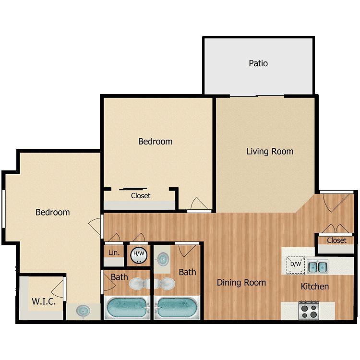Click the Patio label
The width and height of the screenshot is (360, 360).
pyautogui.click(x=258, y=63)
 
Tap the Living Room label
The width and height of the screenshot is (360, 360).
pyautogui.click(x=270, y=152)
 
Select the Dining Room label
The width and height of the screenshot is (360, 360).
pyautogui.click(x=241, y=283)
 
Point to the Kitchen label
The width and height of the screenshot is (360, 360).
pyautogui.click(x=315, y=286)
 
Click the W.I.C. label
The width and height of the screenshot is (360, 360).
pyautogui.click(x=44, y=301)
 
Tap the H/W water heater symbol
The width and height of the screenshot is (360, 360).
pyautogui.click(x=139, y=254)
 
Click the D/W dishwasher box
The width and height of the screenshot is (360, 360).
pyautogui.click(x=296, y=265)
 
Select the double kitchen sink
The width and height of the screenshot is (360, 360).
pyautogui.click(x=318, y=267)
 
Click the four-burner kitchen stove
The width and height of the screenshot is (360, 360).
pyautogui.click(x=309, y=311)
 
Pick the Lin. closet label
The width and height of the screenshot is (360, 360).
pyautogui.click(x=114, y=252)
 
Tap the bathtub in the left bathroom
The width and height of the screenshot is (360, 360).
pyautogui.click(x=127, y=308)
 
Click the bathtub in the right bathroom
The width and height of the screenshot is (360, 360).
pyautogui.click(x=177, y=308)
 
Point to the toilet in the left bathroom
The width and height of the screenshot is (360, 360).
pyautogui.click(x=139, y=284)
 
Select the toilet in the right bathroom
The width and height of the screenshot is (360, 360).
pyautogui.click(x=165, y=284)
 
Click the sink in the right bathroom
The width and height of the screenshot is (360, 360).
pyautogui.click(x=163, y=259)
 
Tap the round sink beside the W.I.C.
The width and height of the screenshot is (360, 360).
pyautogui.click(x=83, y=311)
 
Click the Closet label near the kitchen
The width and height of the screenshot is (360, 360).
pyautogui.click(x=336, y=240)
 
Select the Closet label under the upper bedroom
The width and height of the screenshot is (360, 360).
pyautogui.click(x=141, y=196)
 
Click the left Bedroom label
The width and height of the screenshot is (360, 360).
pyautogui.click(x=53, y=212)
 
